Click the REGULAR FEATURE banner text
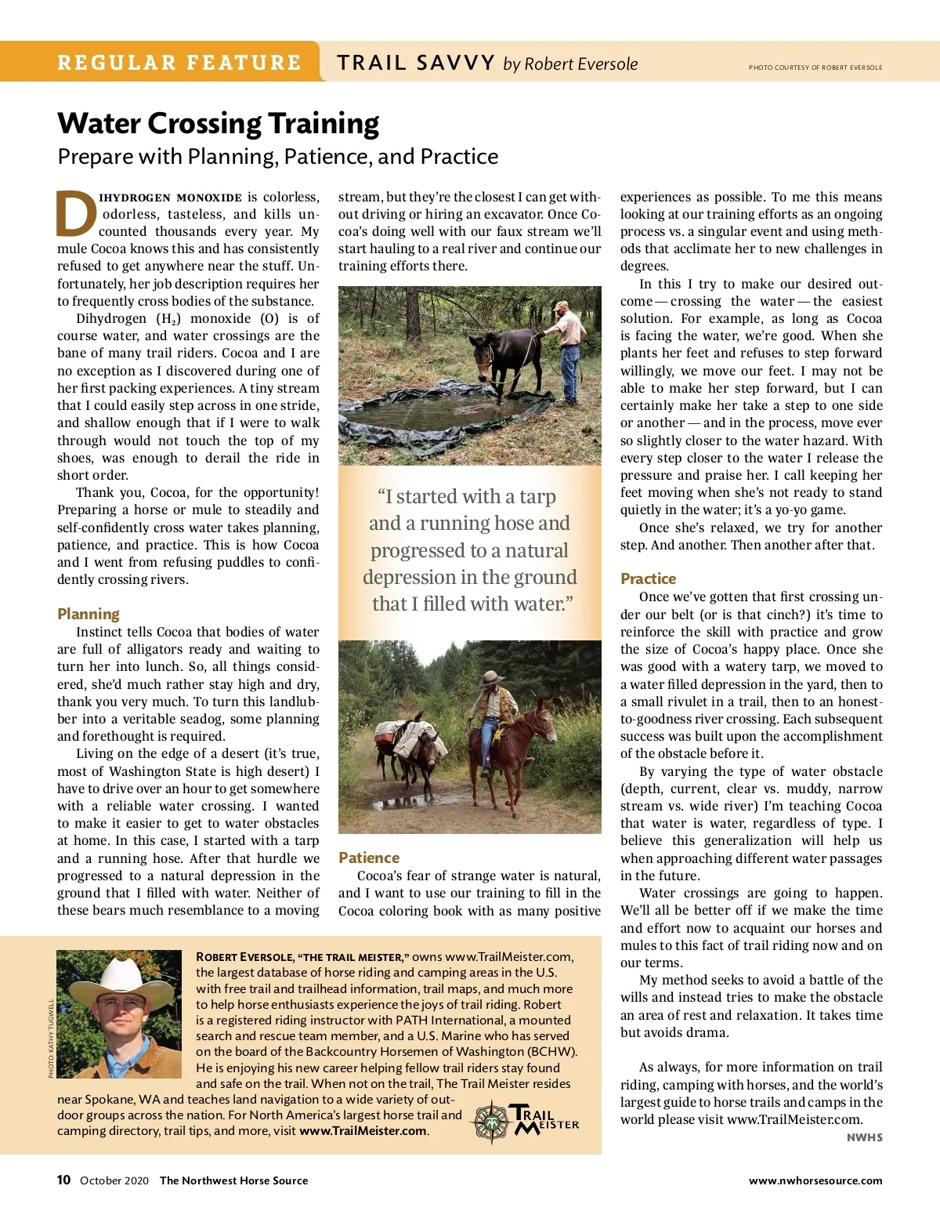click(179, 63)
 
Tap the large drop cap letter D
click(76, 214)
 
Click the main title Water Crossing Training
click(218, 124)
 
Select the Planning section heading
click(89, 614)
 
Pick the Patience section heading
click(369, 857)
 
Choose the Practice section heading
click(648, 578)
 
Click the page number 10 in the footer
click(63, 1180)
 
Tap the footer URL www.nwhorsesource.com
click(815, 1180)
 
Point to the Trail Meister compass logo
click(492, 1122)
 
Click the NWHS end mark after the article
click(864, 1137)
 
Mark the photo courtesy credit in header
click(815, 67)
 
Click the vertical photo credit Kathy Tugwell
click(52, 1038)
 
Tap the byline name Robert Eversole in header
click(580, 64)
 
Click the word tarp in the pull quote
click(537, 497)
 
